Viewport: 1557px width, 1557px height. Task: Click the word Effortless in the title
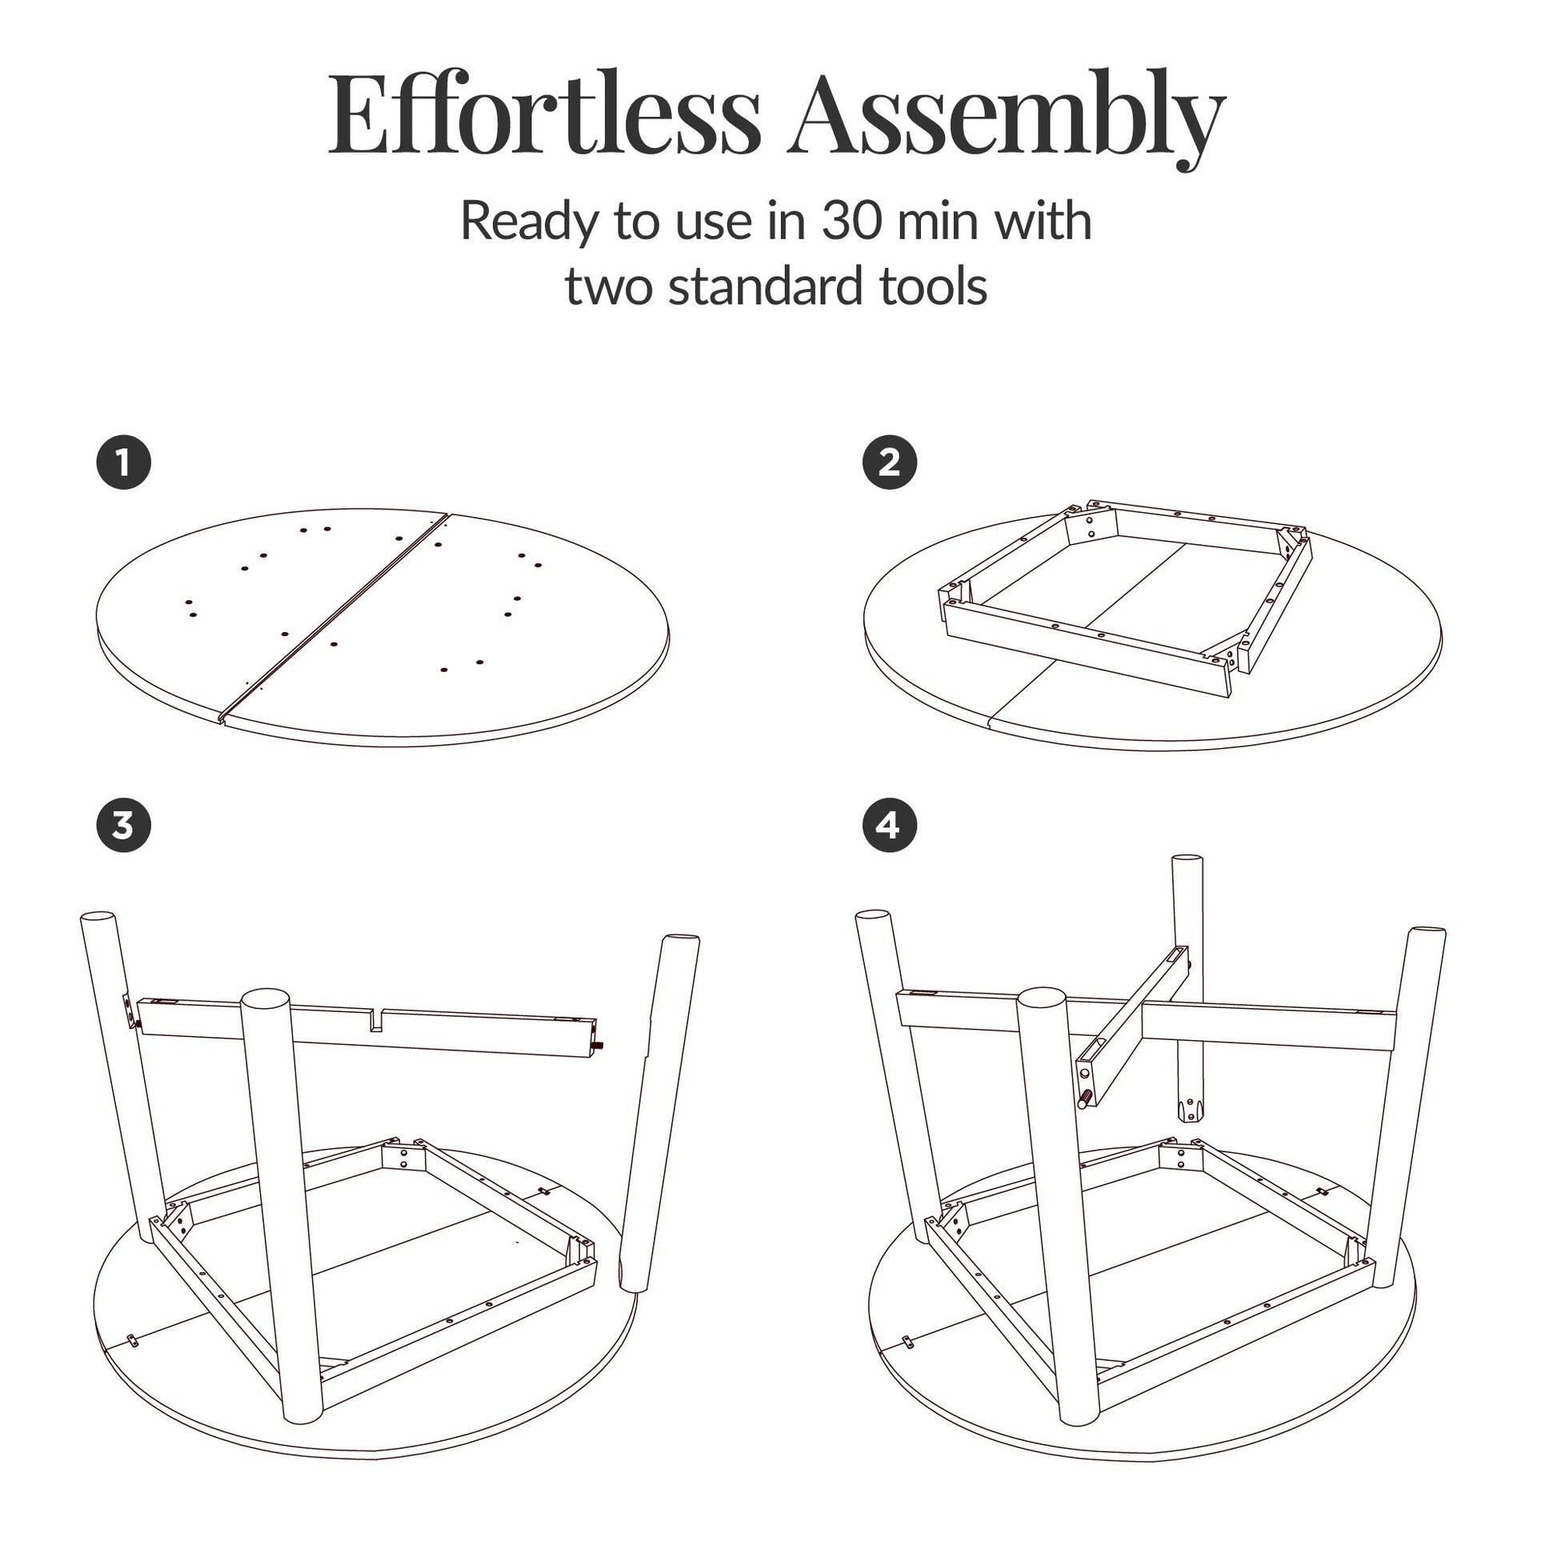pyautogui.click(x=544, y=115)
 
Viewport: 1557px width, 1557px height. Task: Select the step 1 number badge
pyautogui.click(x=123, y=463)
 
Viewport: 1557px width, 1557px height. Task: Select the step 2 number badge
pyautogui.click(x=890, y=463)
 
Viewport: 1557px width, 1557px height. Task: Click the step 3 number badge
pyautogui.click(x=123, y=826)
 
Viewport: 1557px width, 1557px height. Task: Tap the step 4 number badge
pyautogui.click(x=890, y=826)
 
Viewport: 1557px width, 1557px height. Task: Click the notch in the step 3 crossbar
pyautogui.click(x=375, y=1020)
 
